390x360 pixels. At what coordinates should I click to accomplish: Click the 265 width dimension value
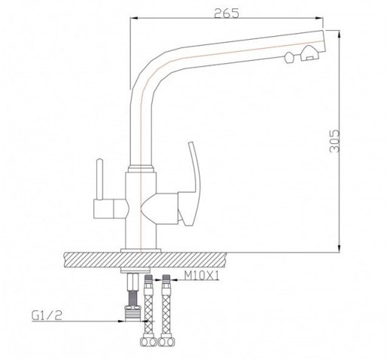[x=227, y=14]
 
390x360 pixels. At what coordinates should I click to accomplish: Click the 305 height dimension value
[x=334, y=141]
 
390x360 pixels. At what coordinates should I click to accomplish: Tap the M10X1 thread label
[x=202, y=276]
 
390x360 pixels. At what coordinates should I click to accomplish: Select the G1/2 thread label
[x=47, y=316]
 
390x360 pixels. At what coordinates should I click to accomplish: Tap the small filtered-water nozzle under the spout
[x=289, y=57]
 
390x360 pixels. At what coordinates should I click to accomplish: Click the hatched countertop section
[x=145, y=260]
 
